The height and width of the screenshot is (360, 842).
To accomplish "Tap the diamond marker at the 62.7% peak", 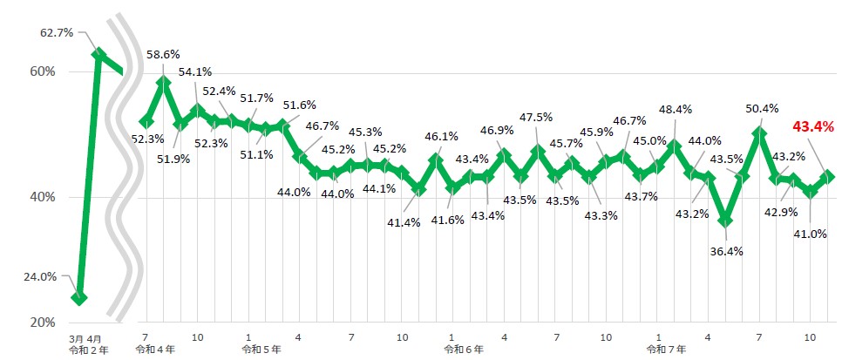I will pos(99,54).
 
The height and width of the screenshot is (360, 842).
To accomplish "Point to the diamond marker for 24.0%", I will pos(80,297).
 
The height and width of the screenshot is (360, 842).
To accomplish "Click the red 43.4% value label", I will pos(812,127).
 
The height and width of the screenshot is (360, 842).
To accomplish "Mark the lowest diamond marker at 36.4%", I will pos(725,221).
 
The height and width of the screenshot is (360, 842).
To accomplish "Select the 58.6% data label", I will pos(164,54).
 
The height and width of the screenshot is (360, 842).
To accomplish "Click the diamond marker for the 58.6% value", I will pos(163,84).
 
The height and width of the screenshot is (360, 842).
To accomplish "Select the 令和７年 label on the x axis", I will pos(665,349).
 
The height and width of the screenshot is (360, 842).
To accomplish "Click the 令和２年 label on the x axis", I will pos(88,349).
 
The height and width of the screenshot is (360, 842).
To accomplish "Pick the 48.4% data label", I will pos(676,110).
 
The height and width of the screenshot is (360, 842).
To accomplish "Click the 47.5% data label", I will pos(535,117).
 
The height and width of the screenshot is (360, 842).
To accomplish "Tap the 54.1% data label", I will pos(195,72).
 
